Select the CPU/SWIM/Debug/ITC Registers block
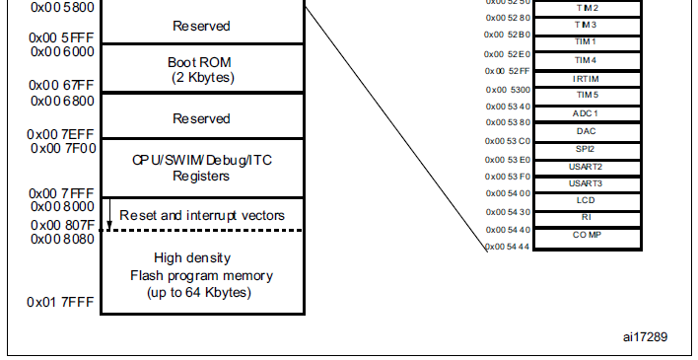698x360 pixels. tap(201, 168)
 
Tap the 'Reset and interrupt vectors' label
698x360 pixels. tap(201, 215)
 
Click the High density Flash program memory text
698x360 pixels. tap(201, 275)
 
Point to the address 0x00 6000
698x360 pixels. tap(48, 51)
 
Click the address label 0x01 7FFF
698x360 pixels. tap(48, 302)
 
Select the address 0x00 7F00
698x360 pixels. tap(48, 148)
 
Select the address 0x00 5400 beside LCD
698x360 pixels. tap(508, 194)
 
